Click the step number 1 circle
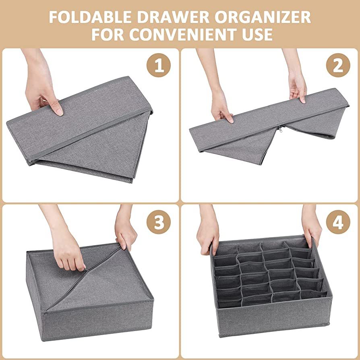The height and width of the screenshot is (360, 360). [x=159, y=65]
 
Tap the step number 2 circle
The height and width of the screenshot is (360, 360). [x=337, y=65]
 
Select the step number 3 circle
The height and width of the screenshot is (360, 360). [x=159, y=222]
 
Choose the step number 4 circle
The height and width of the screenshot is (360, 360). [x=337, y=222]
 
